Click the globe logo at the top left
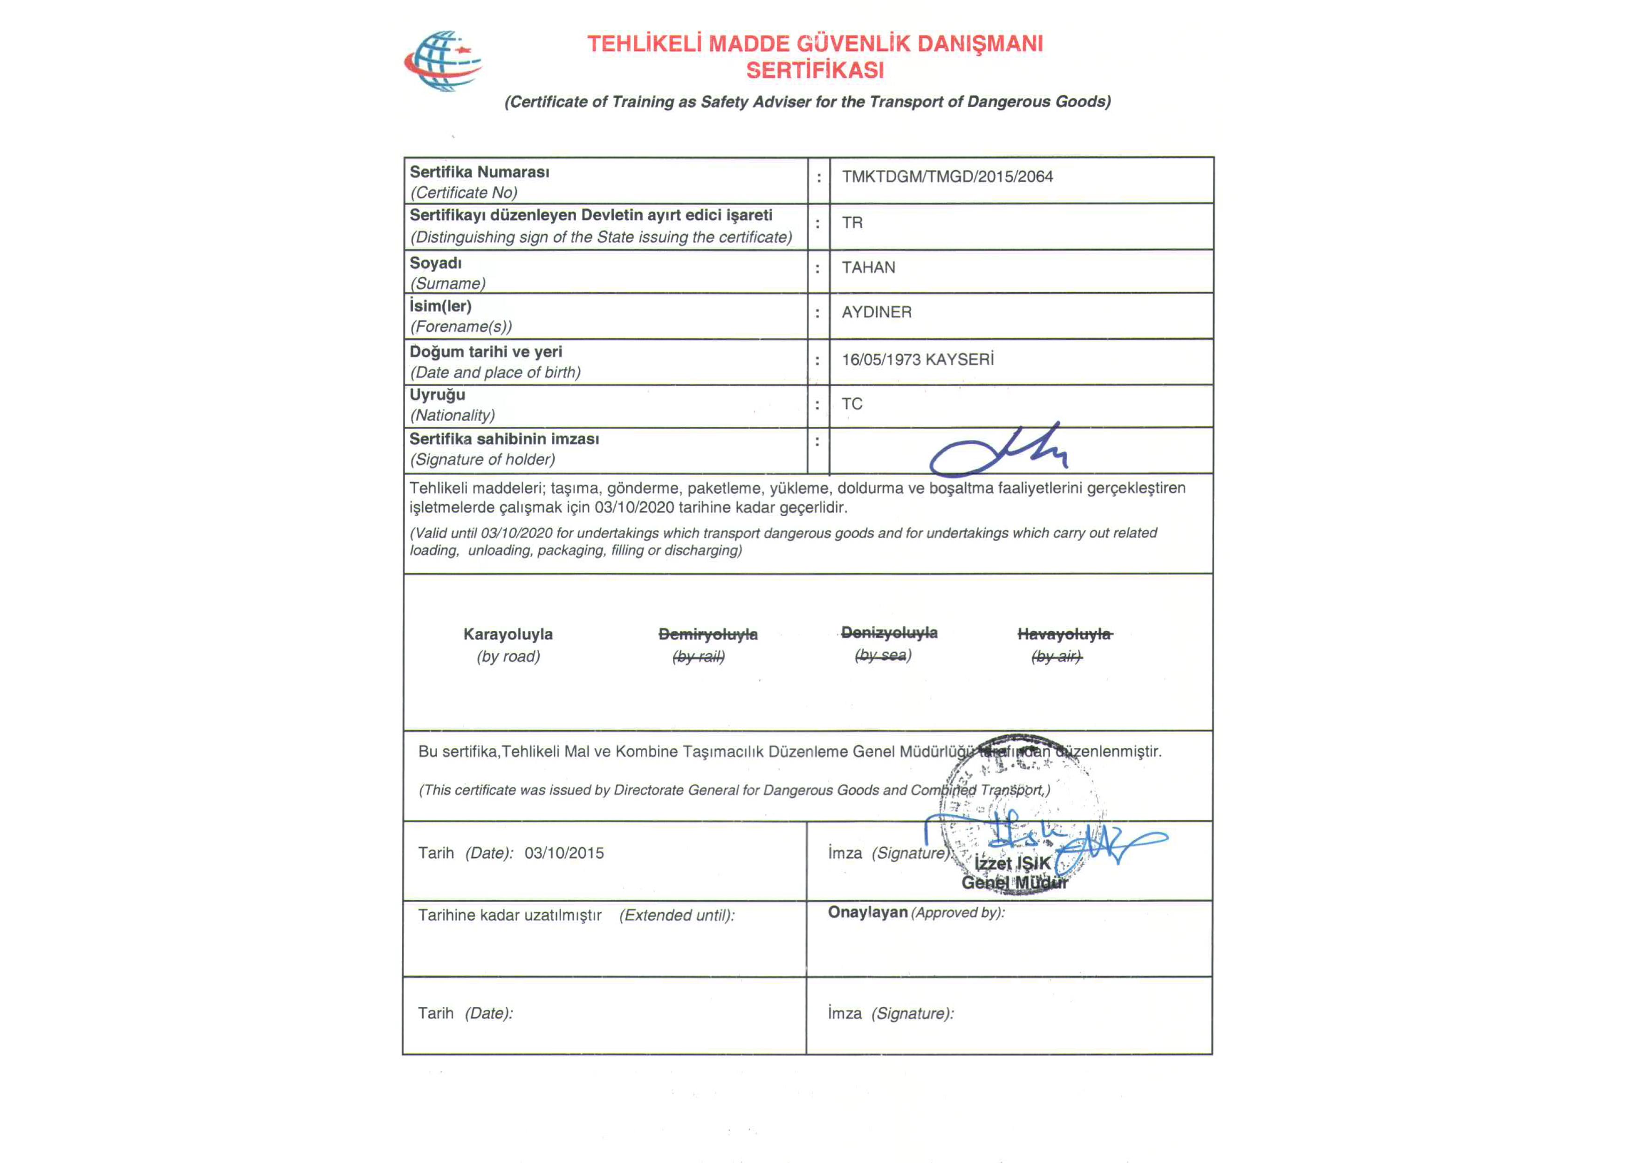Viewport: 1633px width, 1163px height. [443, 61]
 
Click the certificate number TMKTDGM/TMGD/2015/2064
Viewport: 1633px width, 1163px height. [947, 177]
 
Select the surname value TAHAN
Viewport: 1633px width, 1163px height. [868, 268]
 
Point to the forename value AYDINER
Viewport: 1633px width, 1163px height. [876, 312]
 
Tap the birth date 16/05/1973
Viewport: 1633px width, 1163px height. [881, 360]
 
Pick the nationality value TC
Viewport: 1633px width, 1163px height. [851, 404]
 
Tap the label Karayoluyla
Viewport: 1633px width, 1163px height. [508, 635]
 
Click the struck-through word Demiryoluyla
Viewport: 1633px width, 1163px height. [707, 635]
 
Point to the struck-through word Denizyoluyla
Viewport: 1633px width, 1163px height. [889, 633]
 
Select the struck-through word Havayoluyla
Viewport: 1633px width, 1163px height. [1064, 635]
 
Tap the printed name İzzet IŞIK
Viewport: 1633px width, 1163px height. [1012, 864]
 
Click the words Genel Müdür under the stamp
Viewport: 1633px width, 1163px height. [1014, 883]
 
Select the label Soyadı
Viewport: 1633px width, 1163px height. [435, 263]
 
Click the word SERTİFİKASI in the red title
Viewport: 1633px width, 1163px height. [815, 71]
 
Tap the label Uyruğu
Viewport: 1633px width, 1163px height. [437, 395]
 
